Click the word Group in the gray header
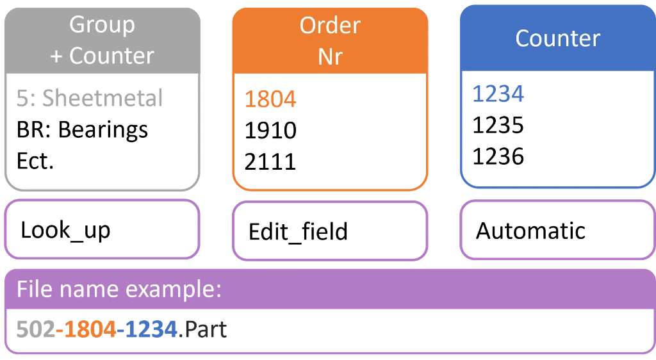pyautogui.click(x=102, y=25)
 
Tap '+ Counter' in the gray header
pyautogui.click(x=102, y=56)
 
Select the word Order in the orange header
pyautogui.click(x=329, y=26)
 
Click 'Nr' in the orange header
pyautogui.click(x=329, y=56)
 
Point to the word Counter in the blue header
pyautogui.click(x=557, y=38)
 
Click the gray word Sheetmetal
pyautogui.click(x=102, y=99)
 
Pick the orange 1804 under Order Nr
pyautogui.click(x=270, y=100)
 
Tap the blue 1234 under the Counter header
pyautogui.click(x=498, y=94)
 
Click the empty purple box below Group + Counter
pyautogui.click(x=102, y=229)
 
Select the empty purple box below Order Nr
pyautogui.click(x=329, y=230)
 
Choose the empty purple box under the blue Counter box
pyautogui.click(x=557, y=229)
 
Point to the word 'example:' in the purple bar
pyautogui.click(x=173, y=290)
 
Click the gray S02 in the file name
pyautogui.click(x=35, y=330)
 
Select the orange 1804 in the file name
pyautogui.click(x=90, y=330)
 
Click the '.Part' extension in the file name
pyautogui.click(x=205, y=330)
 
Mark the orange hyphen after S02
pyautogui.click(x=59, y=331)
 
